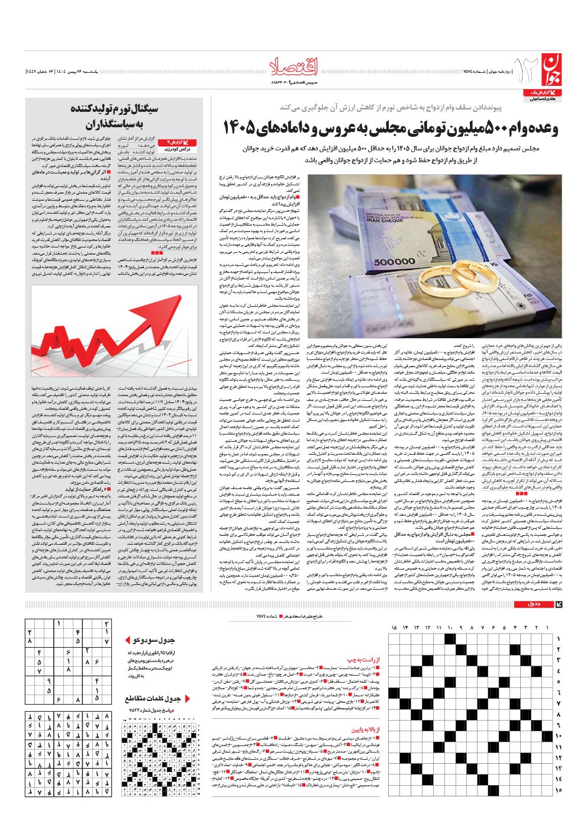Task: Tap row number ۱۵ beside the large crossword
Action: pos(558,790)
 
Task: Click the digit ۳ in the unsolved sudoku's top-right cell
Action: pos(106,623)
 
